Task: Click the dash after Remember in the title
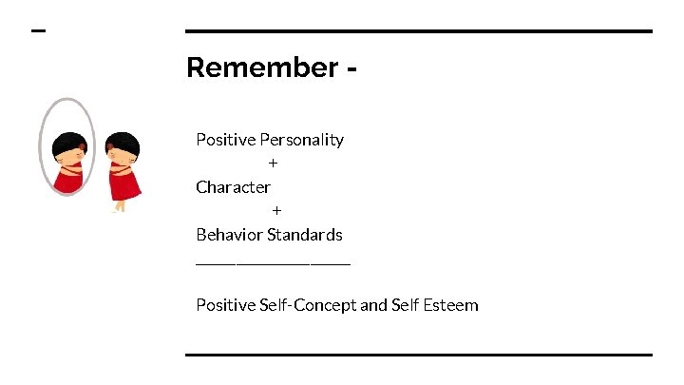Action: pyautogui.click(x=352, y=69)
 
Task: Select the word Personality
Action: pyautogui.click(x=301, y=140)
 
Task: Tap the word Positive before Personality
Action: pyautogui.click(x=226, y=140)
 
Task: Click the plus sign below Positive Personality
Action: pyautogui.click(x=273, y=164)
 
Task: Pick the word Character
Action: pyautogui.click(x=233, y=187)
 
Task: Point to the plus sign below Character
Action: pyautogui.click(x=276, y=210)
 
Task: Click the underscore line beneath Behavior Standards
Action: pyautogui.click(x=273, y=262)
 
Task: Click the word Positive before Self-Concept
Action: pyautogui.click(x=226, y=305)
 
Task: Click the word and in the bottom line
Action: pyautogui.click(x=373, y=305)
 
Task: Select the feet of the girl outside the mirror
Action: pyautogui.click(x=119, y=208)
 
